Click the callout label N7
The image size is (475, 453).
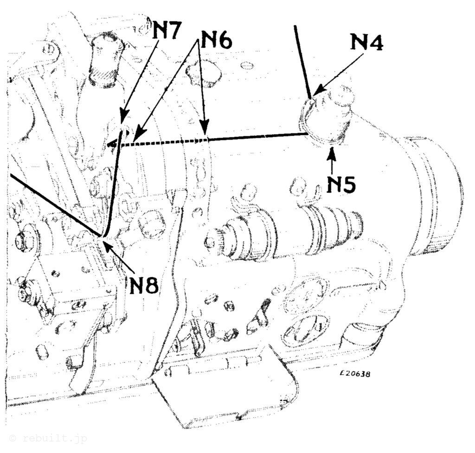167,30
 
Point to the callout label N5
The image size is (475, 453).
341,183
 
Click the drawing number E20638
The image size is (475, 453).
355,374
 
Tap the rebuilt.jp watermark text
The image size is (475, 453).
48,438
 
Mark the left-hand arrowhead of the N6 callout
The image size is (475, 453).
138,135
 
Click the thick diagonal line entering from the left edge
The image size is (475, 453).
56,205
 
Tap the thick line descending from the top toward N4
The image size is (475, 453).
302,62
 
